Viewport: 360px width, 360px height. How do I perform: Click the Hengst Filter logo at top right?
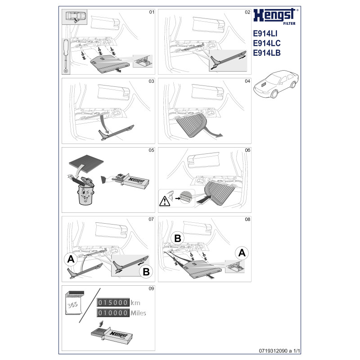pos(276,17)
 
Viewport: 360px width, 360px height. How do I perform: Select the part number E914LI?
pos(265,33)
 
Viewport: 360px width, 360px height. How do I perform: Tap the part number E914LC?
pos(267,43)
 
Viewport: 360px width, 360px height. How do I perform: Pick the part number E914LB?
pos(267,53)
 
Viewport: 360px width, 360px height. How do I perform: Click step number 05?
pos(151,150)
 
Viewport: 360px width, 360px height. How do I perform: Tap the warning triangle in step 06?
pos(165,201)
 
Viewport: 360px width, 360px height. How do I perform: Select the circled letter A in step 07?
pos(71,259)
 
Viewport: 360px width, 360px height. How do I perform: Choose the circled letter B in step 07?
pos(146,272)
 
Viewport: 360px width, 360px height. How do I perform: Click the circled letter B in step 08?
pos(178,238)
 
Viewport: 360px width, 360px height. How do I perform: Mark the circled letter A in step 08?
pos(242,253)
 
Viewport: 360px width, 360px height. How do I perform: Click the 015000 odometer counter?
pos(113,302)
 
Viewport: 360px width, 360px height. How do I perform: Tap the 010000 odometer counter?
pos(113,313)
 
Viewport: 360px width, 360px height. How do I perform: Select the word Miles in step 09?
pos(138,313)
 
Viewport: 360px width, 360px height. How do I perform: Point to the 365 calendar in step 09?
pos(74,303)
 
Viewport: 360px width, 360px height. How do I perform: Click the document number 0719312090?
pos(273,351)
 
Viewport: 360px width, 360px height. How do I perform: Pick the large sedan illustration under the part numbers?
pos(276,84)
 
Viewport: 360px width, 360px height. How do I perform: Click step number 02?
pos(247,12)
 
